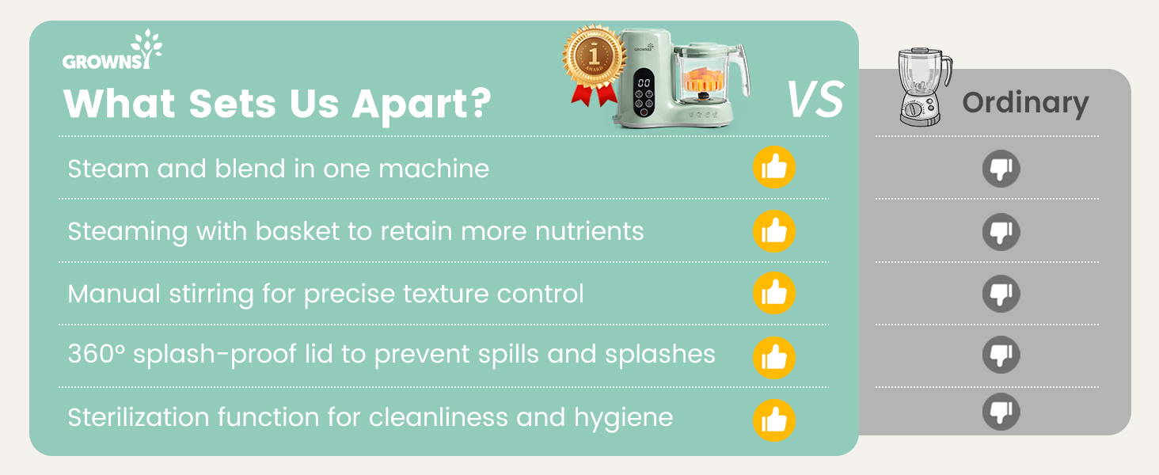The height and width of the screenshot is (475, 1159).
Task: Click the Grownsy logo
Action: [112, 50]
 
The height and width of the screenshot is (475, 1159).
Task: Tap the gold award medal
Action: [594, 56]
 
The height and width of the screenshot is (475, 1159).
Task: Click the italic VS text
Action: [815, 99]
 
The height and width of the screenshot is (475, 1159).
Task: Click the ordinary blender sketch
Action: [924, 87]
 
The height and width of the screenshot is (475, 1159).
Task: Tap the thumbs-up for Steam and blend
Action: [774, 167]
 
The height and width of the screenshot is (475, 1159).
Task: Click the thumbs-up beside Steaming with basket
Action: [774, 231]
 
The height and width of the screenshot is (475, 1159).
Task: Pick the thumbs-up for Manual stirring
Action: [774, 294]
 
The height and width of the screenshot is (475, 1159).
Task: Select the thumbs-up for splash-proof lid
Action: [774, 358]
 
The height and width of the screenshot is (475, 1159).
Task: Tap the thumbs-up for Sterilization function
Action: [774, 420]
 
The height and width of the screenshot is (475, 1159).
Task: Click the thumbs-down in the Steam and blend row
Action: [1001, 169]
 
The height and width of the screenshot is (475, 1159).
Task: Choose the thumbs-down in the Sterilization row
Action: [1001, 412]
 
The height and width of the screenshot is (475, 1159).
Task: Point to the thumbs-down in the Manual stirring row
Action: [1001, 294]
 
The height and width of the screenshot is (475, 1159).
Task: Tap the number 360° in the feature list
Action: [97, 354]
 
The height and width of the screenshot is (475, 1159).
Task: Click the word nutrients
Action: [589, 231]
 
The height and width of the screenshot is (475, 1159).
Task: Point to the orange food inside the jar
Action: [702, 78]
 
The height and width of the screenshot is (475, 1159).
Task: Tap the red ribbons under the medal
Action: [594, 95]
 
